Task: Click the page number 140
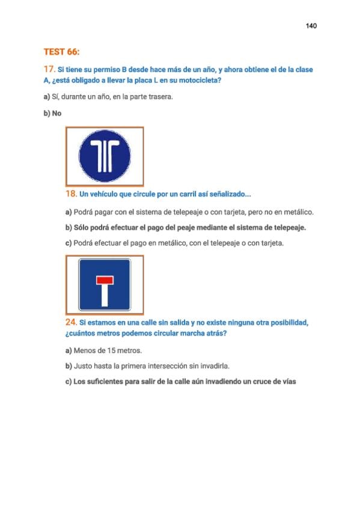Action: [311, 26]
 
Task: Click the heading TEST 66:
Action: [61, 52]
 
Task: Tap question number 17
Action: [49, 69]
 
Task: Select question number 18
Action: [71, 194]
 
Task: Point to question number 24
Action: [71, 322]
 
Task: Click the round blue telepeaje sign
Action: [105, 156]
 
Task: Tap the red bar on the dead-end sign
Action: [105, 280]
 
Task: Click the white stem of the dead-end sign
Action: [105, 295]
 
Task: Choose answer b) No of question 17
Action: [52, 113]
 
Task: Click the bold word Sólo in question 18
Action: [81, 228]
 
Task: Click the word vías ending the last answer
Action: [289, 381]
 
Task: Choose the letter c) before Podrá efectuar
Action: [69, 243]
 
